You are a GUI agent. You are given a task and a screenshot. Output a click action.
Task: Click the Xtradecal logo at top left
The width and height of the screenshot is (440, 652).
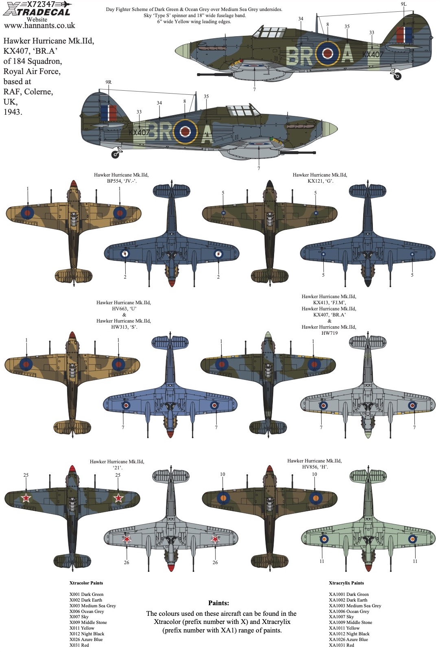tap(37, 9)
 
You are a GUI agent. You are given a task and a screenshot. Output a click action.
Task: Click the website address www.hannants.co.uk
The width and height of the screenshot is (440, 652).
tap(39, 26)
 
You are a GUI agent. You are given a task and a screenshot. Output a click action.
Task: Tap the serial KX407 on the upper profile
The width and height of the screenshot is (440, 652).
tap(372, 54)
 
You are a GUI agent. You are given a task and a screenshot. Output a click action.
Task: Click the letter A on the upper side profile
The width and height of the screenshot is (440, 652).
tap(348, 54)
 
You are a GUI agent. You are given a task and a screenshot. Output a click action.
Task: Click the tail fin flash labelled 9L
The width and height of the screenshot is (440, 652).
tap(404, 35)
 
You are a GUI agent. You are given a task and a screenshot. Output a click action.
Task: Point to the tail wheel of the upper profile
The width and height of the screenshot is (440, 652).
tap(397, 76)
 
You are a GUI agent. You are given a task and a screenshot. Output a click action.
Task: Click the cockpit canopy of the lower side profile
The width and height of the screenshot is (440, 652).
tap(242, 110)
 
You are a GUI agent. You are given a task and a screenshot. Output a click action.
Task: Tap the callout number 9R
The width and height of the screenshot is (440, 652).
tap(108, 82)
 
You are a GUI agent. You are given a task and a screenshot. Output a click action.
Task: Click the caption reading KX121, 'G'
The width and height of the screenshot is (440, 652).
tap(320, 181)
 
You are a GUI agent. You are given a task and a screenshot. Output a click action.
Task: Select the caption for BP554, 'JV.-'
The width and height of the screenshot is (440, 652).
tap(122, 181)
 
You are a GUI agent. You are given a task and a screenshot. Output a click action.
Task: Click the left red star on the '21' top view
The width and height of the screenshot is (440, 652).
tap(26, 498)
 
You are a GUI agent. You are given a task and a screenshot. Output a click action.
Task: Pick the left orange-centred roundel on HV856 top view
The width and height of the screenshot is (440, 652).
tap(223, 497)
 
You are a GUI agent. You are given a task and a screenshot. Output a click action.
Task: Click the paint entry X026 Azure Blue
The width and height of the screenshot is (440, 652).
tap(86, 639)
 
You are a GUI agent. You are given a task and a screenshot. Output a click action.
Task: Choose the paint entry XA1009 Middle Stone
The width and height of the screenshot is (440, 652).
tap(350, 622)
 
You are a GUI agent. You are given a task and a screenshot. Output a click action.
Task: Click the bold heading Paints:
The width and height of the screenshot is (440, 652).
tap(218, 603)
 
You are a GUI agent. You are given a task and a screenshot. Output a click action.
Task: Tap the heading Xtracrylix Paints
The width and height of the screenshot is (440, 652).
tap(346, 583)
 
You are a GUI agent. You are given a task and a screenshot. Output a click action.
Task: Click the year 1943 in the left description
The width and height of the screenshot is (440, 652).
tap(13, 112)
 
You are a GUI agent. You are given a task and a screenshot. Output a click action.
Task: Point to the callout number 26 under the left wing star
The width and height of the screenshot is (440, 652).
tap(126, 563)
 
